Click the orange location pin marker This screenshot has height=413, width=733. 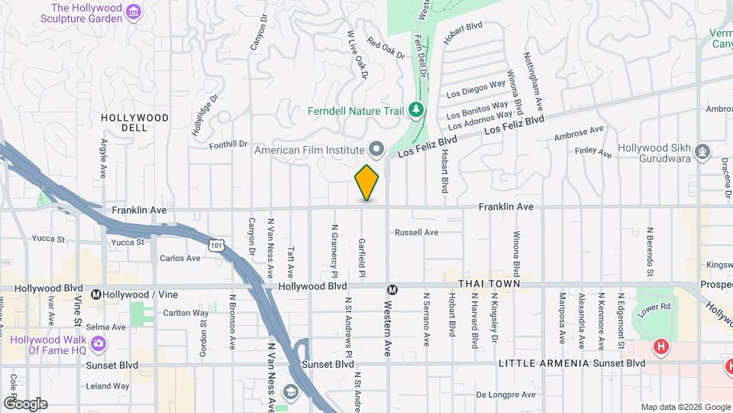click(x=367, y=183)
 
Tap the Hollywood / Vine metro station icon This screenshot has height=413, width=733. click(x=97, y=294)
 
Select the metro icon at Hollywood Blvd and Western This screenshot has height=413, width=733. click(x=392, y=290)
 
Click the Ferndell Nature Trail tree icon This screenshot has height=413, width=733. click(x=415, y=110)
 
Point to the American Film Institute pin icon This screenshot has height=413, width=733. click(x=376, y=148)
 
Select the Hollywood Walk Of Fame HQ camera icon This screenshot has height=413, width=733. click(x=98, y=344)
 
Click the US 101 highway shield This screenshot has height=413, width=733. click(x=218, y=244)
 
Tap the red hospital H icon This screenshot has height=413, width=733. click(x=661, y=347)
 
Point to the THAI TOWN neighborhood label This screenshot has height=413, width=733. click(x=489, y=284)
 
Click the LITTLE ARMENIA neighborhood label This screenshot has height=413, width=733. click(x=544, y=363)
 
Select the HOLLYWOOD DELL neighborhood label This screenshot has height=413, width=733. click(x=134, y=122)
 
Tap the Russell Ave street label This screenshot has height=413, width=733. click(x=416, y=232)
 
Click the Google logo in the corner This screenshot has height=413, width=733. click(x=25, y=404)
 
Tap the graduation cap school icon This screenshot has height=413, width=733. click(x=291, y=392)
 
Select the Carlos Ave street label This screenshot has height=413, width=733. click(x=180, y=258)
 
